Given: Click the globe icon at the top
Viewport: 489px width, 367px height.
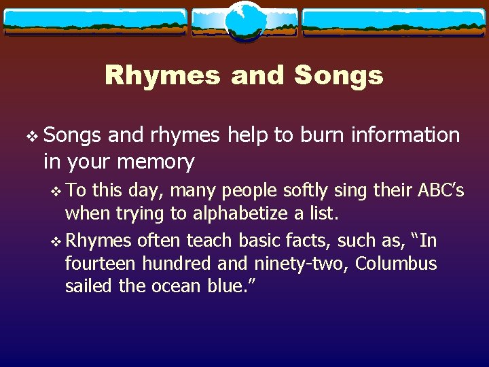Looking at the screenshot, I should click(244, 22).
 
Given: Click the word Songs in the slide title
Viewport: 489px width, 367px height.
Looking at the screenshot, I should click(339, 75).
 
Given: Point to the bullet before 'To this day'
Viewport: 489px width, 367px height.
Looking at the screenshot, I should click(55, 190).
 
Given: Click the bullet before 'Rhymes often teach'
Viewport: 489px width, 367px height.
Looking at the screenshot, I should click(55, 241).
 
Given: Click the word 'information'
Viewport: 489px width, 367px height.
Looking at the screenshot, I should click(405, 135).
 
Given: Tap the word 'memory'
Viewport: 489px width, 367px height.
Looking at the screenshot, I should click(156, 162).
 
